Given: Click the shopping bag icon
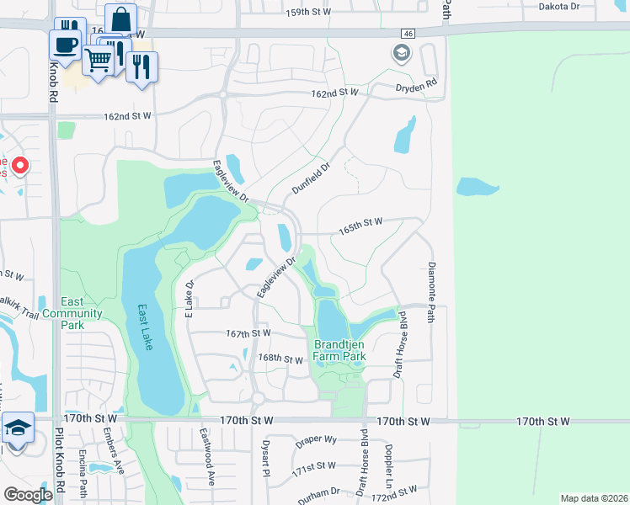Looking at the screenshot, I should point(121,19).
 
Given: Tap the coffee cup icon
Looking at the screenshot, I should point(65,43).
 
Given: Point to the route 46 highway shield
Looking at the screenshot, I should point(408,32).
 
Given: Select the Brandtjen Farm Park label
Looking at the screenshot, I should point(339,350).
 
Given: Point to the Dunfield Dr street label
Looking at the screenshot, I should point(307,178).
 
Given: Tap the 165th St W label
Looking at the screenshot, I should point(360,221).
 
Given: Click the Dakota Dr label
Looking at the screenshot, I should point(560,5).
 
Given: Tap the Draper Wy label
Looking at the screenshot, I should point(316,440).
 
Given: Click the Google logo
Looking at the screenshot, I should point(27,494).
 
